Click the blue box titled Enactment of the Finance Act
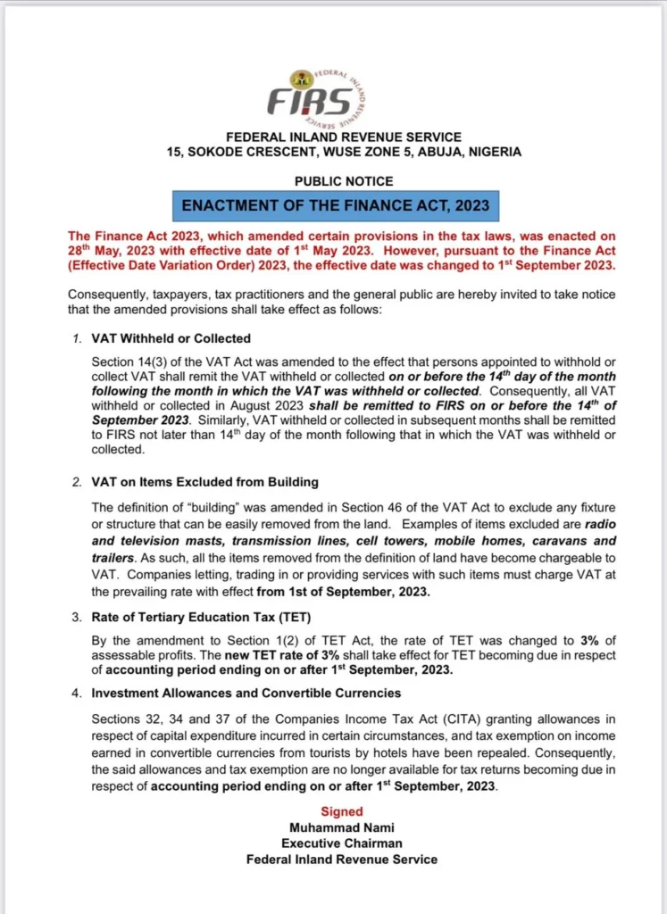pyautogui.click(x=336, y=205)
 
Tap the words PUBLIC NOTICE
pyautogui.click(x=335, y=181)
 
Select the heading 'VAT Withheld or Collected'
pyautogui.click(x=171, y=338)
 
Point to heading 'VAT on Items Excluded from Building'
pyautogui.click(x=204, y=482)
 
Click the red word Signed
pyautogui.click(x=342, y=811)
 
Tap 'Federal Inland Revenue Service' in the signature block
pyautogui.click(x=342, y=860)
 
